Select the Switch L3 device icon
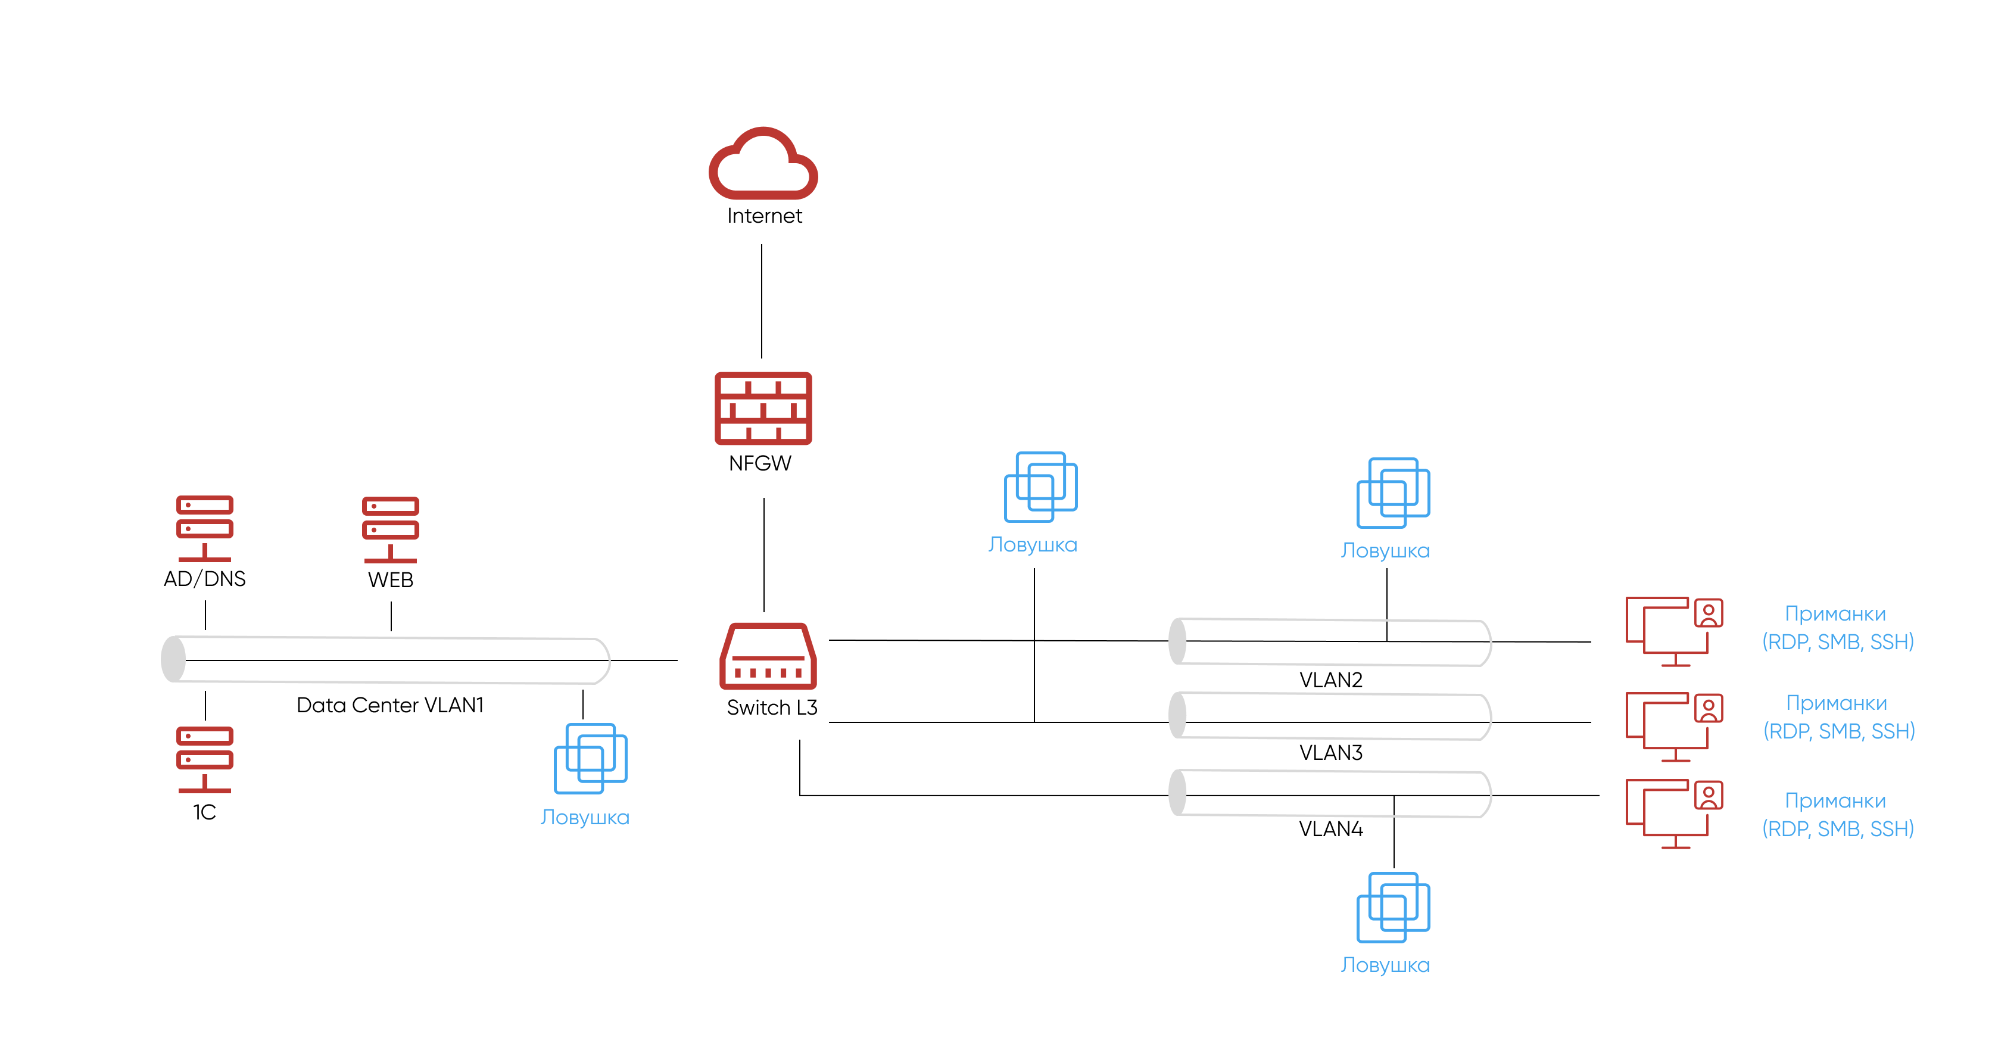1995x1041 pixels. click(768, 657)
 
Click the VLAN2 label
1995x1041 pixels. click(1330, 680)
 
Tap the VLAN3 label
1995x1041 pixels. click(1330, 753)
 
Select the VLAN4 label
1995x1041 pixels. click(1330, 829)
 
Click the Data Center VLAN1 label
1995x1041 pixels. click(389, 705)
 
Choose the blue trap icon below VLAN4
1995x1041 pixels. click(1392, 908)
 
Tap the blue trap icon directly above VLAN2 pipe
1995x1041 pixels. click(1392, 493)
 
